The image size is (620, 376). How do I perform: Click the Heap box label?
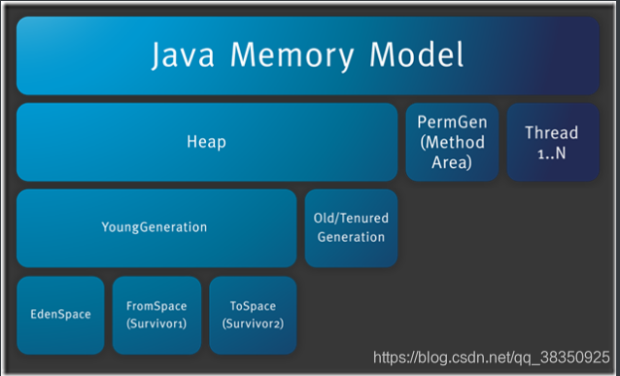point(206,142)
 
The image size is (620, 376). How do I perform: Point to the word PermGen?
point(451,124)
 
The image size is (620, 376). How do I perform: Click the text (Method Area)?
point(451,154)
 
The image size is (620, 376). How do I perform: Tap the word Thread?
point(552,132)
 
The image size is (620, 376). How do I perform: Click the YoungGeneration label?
point(155,227)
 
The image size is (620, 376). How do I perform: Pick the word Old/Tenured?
point(351,220)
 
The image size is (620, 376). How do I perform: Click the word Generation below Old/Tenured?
point(351,237)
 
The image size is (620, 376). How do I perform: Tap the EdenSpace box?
point(60,314)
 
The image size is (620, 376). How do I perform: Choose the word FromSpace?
point(155,305)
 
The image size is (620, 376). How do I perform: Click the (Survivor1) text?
point(155,323)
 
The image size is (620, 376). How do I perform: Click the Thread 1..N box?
point(552,142)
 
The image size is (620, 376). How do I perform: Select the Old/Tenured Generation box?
point(351,228)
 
